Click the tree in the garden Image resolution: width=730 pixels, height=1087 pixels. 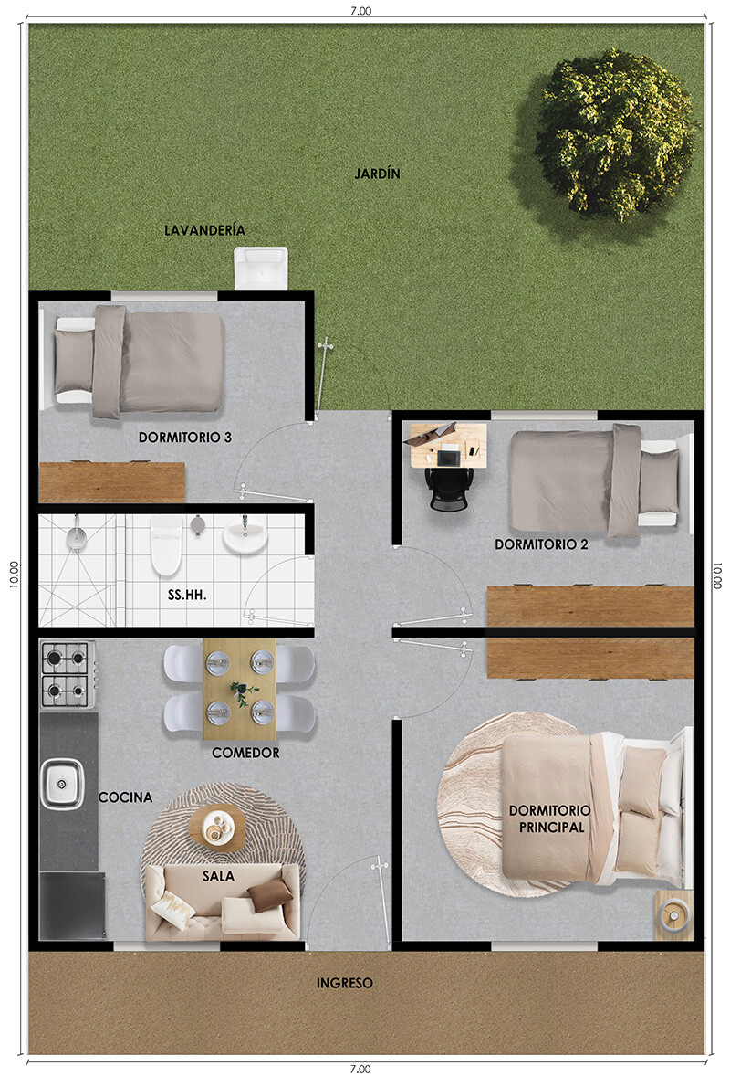coord(615,134)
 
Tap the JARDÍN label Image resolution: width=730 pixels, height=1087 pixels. coord(378,174)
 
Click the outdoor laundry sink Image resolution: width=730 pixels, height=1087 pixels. coord(261,268)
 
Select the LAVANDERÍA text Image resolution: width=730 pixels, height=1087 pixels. coord(204,230)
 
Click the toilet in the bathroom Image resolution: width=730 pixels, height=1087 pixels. coord(166,545)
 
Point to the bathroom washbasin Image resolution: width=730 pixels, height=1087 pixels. coord(245,536)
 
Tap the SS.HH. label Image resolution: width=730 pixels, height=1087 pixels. coord(187,595)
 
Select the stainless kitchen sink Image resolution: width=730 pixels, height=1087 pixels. coord(62,784)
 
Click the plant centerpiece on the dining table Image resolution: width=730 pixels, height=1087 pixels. coord(241,692)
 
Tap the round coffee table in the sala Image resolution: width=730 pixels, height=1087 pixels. coord(217,828)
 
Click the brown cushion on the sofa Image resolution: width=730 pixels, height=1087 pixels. coord(269,894)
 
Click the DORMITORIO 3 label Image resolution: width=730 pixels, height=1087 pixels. coord(185,438)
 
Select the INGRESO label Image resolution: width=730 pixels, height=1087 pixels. coord(344,983)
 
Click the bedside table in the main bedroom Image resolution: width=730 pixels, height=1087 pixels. coord(674,915)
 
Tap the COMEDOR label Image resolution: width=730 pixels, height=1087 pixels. coord(245,753)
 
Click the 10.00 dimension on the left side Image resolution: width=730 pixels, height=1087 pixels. coord(14,575)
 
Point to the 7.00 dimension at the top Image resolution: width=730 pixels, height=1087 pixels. coord(360,10)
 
